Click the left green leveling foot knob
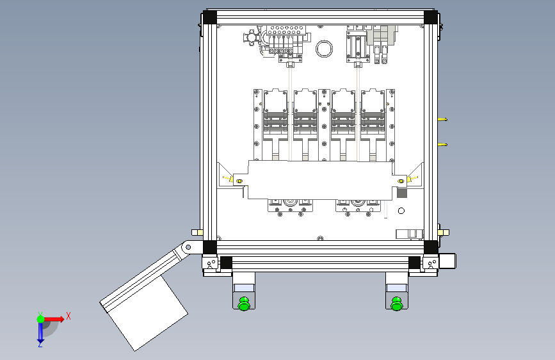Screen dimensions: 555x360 click(244, 304)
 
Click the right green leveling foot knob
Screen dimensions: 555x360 click(396, 304)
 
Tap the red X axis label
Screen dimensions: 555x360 click(68, 316)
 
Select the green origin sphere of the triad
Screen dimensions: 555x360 click(41, 319)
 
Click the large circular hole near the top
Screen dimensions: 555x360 click(324, 49)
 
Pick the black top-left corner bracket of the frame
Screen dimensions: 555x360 click(209, 17)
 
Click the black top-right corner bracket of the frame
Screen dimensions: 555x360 click(430, 17)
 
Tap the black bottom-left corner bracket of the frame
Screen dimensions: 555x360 click(209, 247)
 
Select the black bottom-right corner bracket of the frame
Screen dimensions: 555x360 click(430, 247)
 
